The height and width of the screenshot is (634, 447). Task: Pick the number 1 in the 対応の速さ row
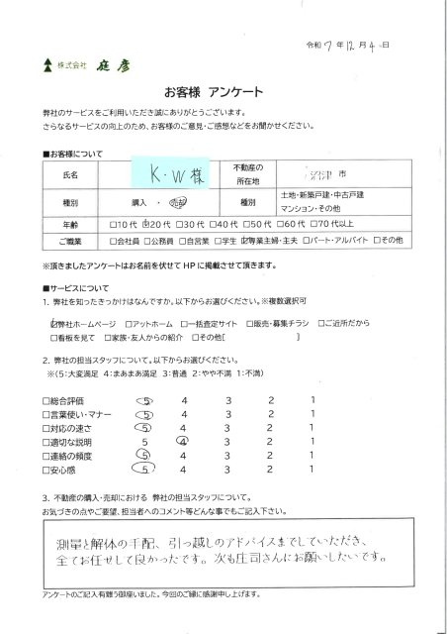[312, 427]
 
